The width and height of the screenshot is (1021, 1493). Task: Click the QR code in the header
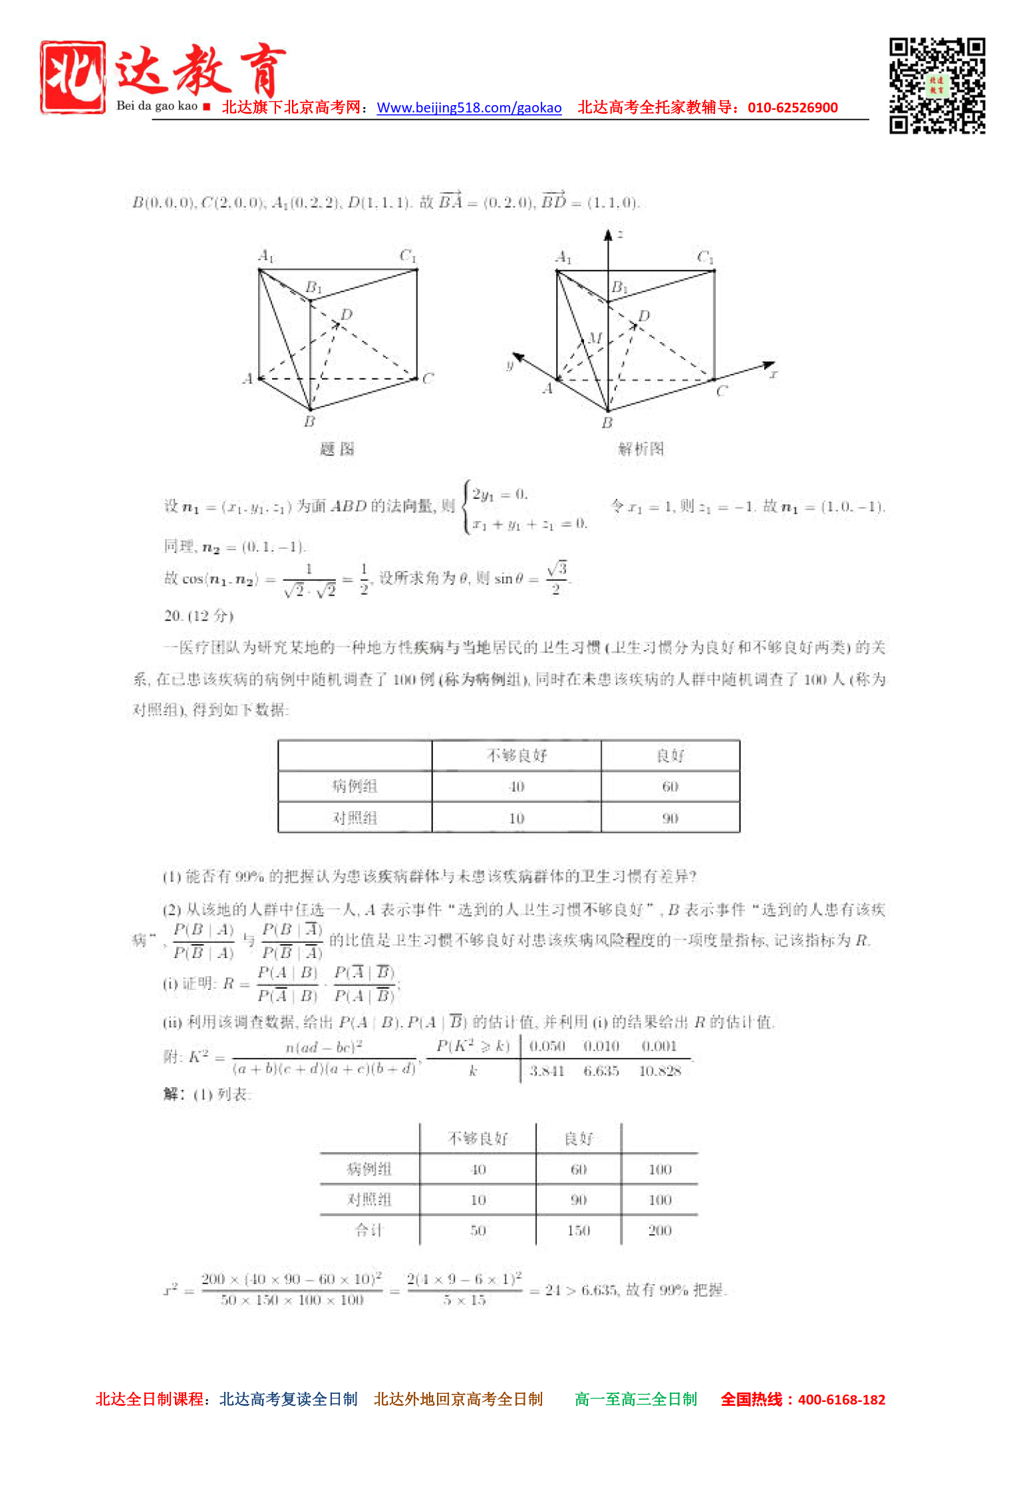point(937,86)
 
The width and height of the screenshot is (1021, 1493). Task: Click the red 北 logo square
point(73,77)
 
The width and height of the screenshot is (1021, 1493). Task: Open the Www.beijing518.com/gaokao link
point(469,108)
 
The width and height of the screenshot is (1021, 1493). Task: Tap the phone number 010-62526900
point(792,108)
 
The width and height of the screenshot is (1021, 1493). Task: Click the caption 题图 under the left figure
point(337,449)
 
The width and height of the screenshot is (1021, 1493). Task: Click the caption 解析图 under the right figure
point(641,449)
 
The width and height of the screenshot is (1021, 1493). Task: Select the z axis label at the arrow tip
point(620,234)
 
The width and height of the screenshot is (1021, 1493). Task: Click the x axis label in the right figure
point(774,375)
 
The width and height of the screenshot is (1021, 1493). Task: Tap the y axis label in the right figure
point(510,365)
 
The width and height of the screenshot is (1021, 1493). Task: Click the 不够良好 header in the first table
point(517,755)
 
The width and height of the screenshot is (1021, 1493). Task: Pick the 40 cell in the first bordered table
point(517,786)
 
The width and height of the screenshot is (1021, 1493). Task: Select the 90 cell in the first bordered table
point(670,818)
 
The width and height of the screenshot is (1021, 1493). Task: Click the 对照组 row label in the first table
point(355,818)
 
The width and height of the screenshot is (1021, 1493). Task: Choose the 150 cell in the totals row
point(579,1231)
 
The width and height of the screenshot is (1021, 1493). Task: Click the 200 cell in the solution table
point(660,1231)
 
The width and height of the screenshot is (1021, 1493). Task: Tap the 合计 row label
point(369,1230)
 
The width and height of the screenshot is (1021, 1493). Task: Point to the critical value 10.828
point(660,1071)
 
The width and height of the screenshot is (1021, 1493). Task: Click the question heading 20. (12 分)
point(199,616)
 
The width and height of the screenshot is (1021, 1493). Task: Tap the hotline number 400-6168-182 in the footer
point(841,1400)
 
